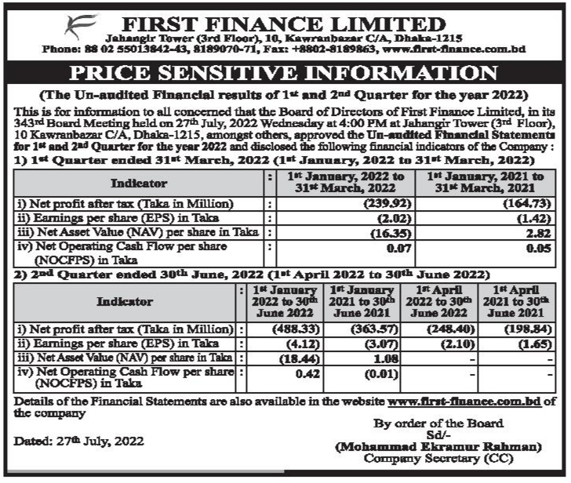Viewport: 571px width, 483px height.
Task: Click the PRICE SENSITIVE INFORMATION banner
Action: click(285, 75)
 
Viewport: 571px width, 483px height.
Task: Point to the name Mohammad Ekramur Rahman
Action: click(438, 447)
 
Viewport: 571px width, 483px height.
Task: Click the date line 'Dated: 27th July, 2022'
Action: click(80, 441)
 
